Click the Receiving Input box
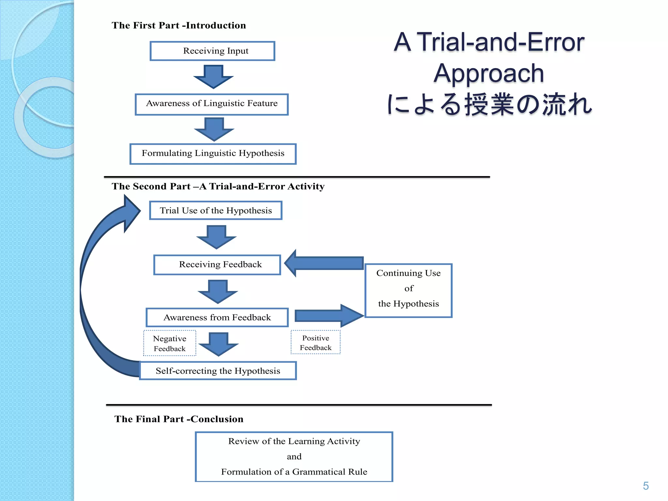coord(212,51)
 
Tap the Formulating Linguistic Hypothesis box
coord(213,154)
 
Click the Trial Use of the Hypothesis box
coord(216,210)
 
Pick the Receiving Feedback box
coord(217,265)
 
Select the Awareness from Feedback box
coord(217,317)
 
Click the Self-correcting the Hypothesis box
coord(218,371)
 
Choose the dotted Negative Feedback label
coord(170,343)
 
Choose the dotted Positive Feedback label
coord(315,342)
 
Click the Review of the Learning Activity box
coord(294,456)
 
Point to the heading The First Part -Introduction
coord(179,25)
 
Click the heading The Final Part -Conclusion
coord(179,419)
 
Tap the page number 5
coord(645,486)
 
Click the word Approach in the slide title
coord(489,73)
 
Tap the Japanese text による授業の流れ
coord(489,104)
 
